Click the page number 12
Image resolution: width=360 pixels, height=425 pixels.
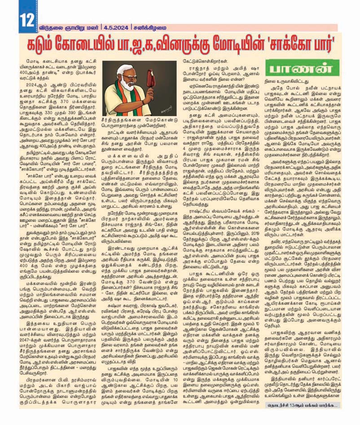(x=25, y=19)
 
